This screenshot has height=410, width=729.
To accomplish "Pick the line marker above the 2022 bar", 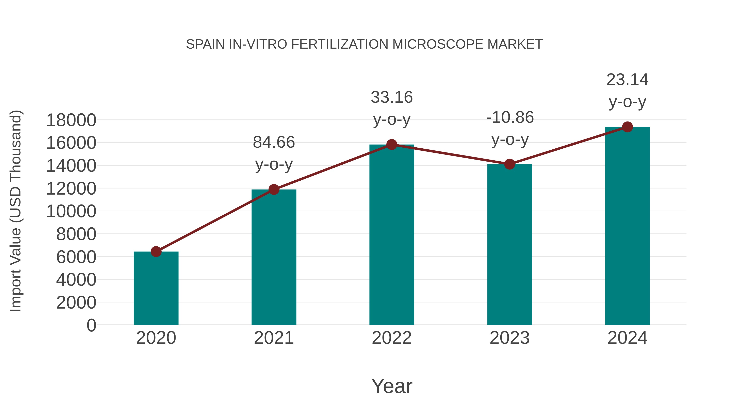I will tap(392, 145).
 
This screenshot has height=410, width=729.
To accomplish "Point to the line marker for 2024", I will tap(627, 127).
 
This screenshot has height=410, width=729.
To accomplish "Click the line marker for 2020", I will tap(156, 251).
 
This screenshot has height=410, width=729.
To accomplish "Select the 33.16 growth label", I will tap(392, 108).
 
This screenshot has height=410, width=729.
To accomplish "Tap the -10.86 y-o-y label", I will tap(510, 128).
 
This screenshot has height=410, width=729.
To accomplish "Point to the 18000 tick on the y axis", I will tap(71, 120).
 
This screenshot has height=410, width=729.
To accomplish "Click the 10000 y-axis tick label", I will tap(71, 211).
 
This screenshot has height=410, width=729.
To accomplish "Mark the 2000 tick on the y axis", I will tap(76, 302).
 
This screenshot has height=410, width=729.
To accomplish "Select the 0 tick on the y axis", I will tap(91, 325).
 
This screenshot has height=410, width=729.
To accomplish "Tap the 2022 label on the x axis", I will tap(392, 338).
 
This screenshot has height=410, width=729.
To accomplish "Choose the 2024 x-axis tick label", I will tap(627, 338).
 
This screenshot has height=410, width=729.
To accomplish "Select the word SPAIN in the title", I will tap(206, 44).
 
